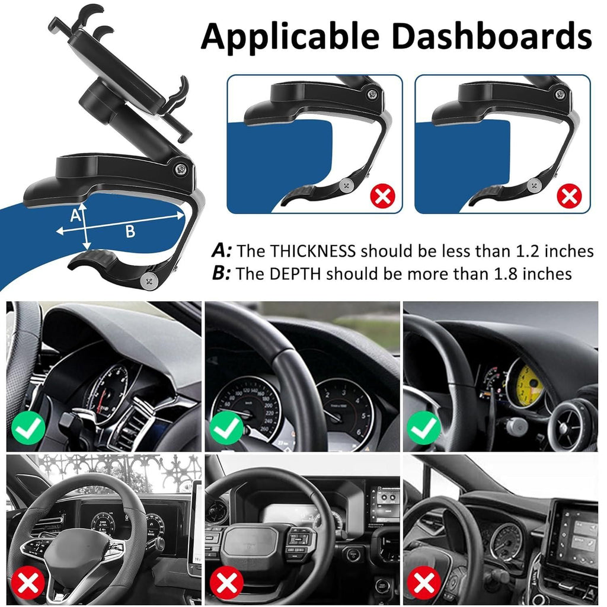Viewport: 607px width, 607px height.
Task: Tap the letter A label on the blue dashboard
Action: click(75, 216)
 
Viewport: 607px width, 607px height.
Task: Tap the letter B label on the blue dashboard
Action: click(129, 232)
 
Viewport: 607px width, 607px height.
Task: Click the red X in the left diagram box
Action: click(382, 196)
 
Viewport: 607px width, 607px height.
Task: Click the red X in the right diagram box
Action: click(569, 196)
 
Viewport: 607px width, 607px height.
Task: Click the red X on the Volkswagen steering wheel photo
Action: click(28, 583)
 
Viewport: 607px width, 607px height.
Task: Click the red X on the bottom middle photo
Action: click(227, 583)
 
